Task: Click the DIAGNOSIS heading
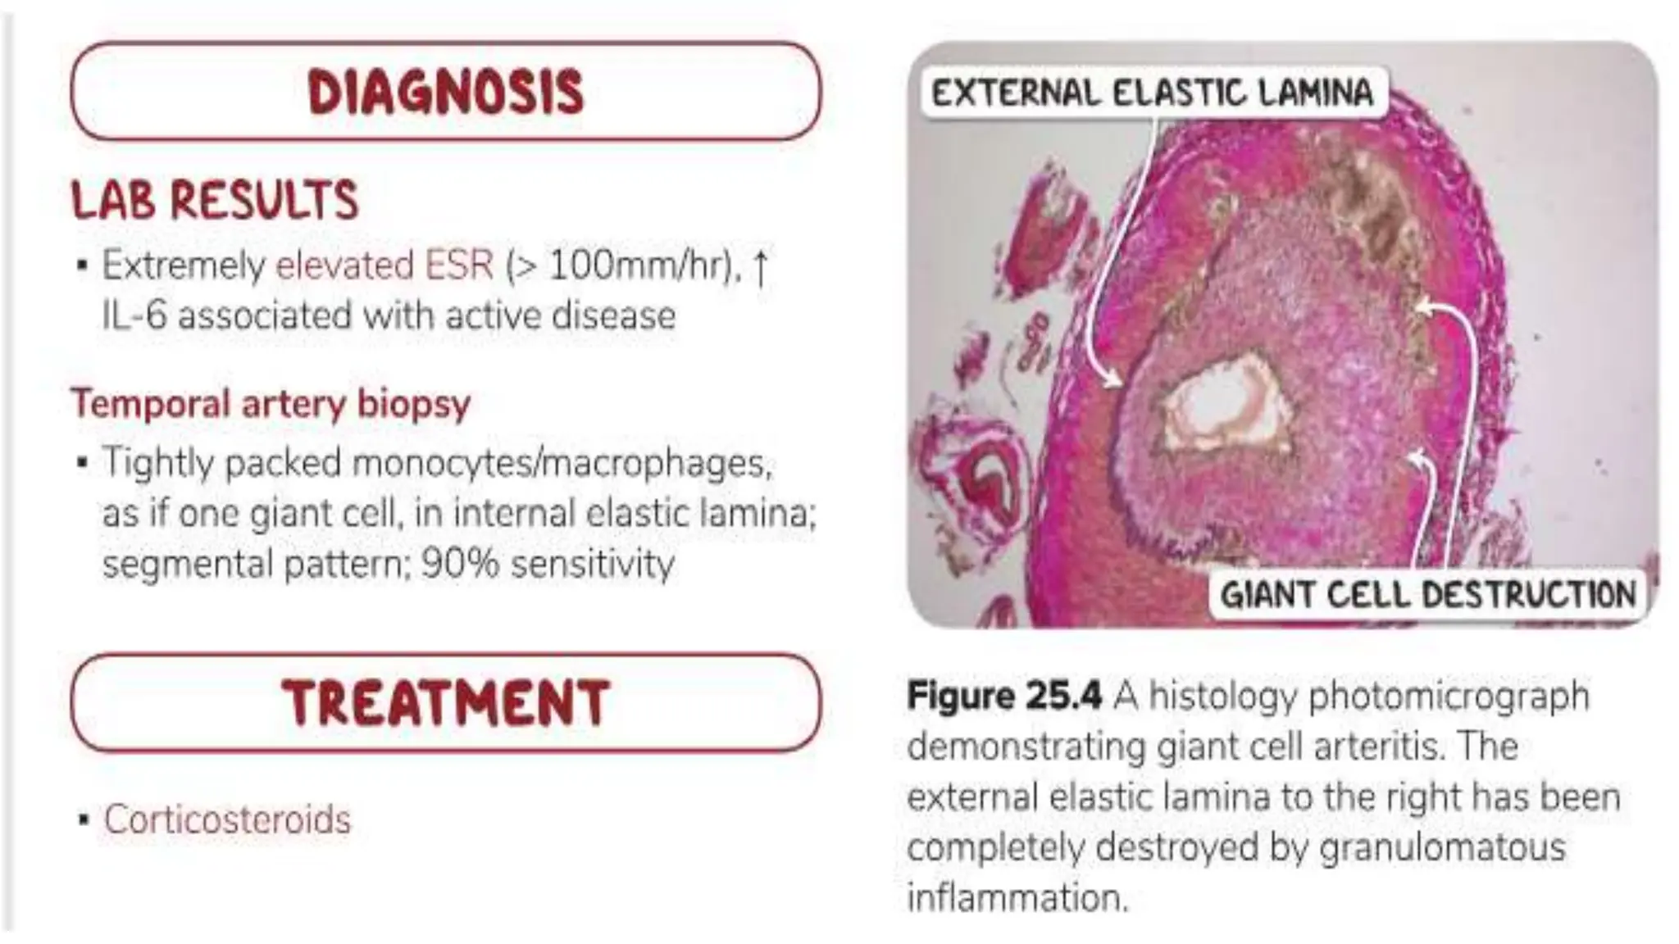point(445,91)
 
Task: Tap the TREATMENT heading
point(445,703)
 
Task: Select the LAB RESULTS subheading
point(215,200)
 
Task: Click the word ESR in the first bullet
point(459,265)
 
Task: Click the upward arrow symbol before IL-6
point(760,267)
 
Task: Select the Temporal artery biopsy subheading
point(271,403)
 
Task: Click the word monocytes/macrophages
point(561,463)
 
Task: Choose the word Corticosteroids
point(227,819)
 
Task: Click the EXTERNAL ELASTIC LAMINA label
point(1152,92)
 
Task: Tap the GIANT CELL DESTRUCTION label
point(1427,594)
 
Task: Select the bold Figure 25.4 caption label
point(1004,697)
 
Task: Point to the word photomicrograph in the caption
point(1449,697)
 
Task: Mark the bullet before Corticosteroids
point(82,819)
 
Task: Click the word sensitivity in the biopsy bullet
point(593,564)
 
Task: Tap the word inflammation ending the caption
point(1017,897)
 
